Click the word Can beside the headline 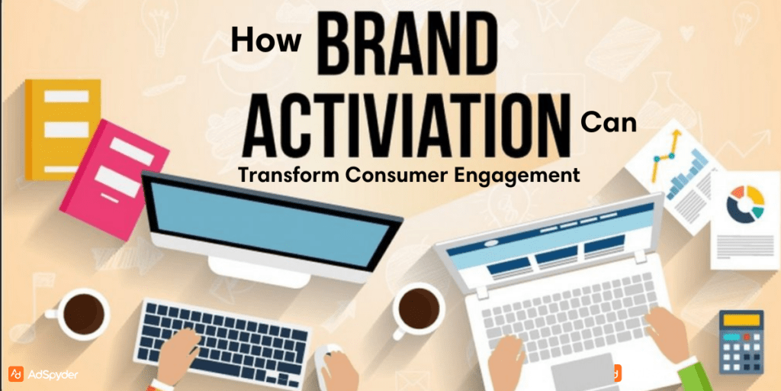[x=608, y=122]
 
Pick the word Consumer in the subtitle [x=393, y=175]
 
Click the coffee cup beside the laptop [x=418, y=309]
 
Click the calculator [x=741, y=341]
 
